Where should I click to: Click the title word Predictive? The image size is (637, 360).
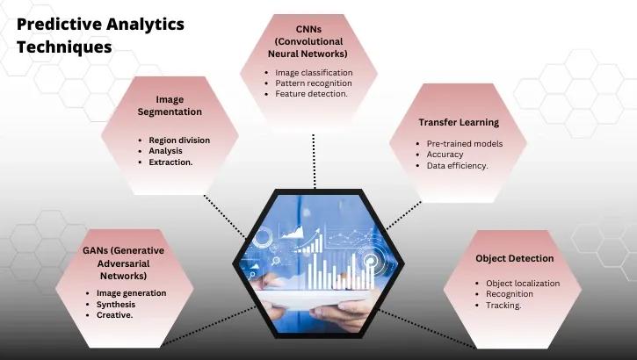pos(59,24)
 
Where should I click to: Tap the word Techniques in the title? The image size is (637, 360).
pos(64,47)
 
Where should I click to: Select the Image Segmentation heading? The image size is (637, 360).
pos(170,106)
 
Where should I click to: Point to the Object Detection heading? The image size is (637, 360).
pos(515,259)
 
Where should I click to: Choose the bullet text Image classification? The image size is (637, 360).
pos(314,72)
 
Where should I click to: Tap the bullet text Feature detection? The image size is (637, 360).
pos(311,93)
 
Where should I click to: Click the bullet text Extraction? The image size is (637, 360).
pos(171,162)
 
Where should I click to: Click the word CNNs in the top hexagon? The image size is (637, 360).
pos(314,29)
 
